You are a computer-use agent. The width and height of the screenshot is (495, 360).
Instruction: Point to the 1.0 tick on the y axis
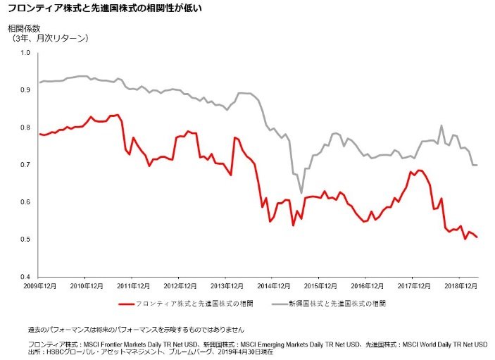coord(26,53)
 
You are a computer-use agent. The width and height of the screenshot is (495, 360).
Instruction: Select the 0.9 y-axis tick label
coord(26,90)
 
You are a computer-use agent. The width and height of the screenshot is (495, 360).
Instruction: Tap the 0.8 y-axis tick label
coord(26,128)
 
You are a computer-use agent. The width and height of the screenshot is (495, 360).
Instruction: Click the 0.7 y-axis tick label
coord(26,165)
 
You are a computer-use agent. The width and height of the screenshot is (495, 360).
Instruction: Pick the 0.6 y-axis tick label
coord(26,202)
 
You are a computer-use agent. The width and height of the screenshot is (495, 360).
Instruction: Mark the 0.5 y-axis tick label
coord(26,240)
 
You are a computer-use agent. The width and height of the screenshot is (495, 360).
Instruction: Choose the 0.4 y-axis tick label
coord(26,277)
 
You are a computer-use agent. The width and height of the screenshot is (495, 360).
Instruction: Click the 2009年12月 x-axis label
coord(40,287)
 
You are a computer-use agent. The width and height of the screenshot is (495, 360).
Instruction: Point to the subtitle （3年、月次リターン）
coord(49,38)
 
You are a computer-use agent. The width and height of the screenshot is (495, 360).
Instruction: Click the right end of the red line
coord(477,237)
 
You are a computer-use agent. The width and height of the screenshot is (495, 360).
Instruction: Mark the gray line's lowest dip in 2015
coord(301,193)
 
